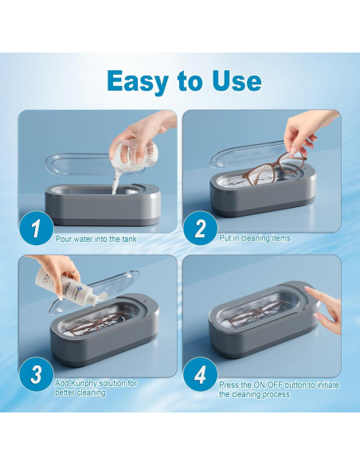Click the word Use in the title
(237, 80)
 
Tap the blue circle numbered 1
(36, 228)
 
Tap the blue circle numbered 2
(200, 228)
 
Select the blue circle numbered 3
(36, 374)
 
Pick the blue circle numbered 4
(200, 374)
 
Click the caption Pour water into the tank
(96, 239)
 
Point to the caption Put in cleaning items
(255, 238)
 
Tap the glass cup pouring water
(134, 152)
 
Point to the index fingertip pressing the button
(307, 288)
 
